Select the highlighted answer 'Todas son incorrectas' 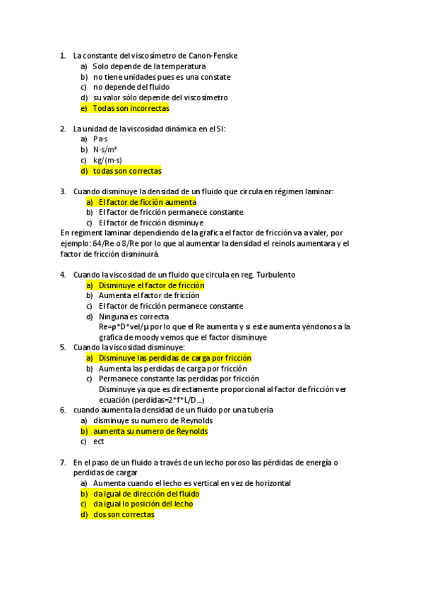(131, 108)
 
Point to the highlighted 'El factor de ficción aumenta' (147, 202)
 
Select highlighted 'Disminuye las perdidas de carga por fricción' (174, 358)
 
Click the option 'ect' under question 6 (98, 441)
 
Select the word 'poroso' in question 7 (244, 463)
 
